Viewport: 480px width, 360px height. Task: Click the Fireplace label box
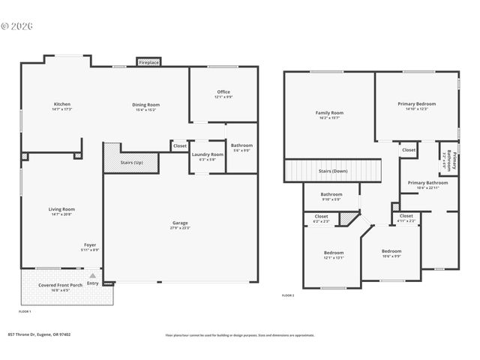pos(148,63)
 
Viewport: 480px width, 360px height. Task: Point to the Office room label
pos(223,94)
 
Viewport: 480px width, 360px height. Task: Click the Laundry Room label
pos(208,156)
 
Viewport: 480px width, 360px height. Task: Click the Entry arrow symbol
pos(92,275)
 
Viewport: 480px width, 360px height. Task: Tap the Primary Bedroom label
pos(416,106)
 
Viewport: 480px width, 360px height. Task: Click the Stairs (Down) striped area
pos(333,171)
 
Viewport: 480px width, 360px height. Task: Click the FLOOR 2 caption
pos(288,296)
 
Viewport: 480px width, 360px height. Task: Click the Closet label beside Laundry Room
pos(180,145)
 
